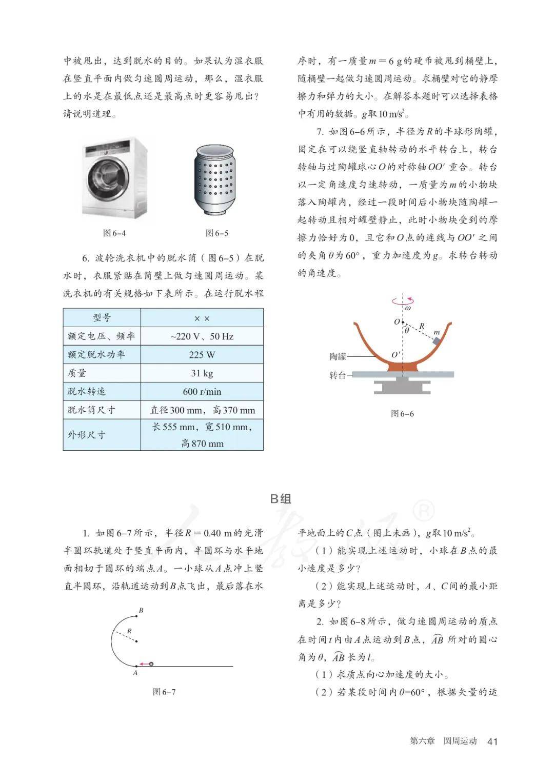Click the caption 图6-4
click(x=114, y=233)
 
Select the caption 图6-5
click(x=217, y=233)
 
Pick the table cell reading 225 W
click(x=202, y=355)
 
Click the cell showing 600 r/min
click(x=202, y=392)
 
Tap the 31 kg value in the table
click(x=202, y=373)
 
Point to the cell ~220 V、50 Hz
click(x=202, y=336)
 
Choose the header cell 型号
click(x=102, y=318)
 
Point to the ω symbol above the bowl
click(x=408, y=309)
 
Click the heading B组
click(x=281, y=498)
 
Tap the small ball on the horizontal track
click(x=151, y=664)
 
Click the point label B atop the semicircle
click(x=141, y=610)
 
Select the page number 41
click(x=492, y=741)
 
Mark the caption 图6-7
click(x=164, y=692)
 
